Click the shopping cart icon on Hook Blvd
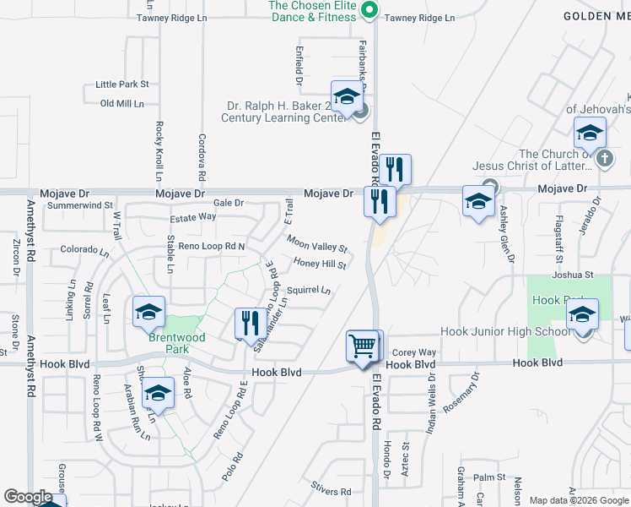click(x=364, y=346)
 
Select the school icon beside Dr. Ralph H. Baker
click(x=346, y=98)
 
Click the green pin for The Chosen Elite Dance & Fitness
click(x=369, y=11)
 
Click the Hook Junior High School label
click(x=504, y=332)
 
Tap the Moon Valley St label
click(x=317, y=244)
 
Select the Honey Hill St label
click(x=321, y=264)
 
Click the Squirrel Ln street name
click(x=308, y=290)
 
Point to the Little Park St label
click(x=122, y=84)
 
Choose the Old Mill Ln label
click(x=122, y=104)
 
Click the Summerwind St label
click(x=80, y=205)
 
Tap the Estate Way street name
click(x=193, y=217)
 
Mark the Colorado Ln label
click(x=85, y=250)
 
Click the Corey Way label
click(x=414, y=352)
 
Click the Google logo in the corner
click(x=29, y=498)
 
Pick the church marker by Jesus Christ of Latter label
click(x=604, y=158)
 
